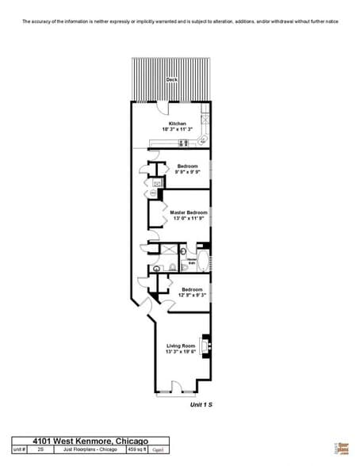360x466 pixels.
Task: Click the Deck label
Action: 171,80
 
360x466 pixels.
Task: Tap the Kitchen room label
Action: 178,124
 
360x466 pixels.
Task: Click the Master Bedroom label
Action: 189,212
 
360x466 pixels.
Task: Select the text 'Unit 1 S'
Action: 201,404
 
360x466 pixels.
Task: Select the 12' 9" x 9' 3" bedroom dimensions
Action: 193,296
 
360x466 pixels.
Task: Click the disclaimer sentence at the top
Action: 179,21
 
